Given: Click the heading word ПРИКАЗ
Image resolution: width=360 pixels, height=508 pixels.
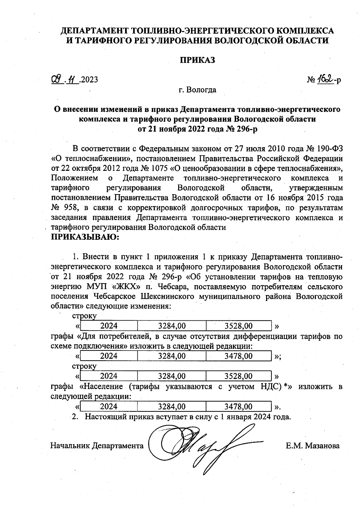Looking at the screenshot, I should pyautogui.click(x=197, y=60).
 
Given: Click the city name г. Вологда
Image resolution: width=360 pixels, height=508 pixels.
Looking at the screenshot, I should pyautogui.click(x=197, y=90).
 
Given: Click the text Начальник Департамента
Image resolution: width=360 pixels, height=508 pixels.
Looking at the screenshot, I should pyautogui.click(x=97, y=446).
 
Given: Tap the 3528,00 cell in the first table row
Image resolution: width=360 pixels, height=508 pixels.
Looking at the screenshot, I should pyautogui.click(x=238, y=326).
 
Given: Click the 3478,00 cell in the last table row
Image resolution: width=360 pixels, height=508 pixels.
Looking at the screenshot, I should pyautogui.click(x=238, y=407).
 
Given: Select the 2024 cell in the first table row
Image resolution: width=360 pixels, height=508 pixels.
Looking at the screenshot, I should pyautogui.click(x=109, y=326).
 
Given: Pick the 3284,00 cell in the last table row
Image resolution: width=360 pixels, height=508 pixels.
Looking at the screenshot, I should pyautogui.click(x=172, y=407).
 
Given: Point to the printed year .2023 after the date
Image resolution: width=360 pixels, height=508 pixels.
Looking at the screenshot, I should pyautogui.click(x=89, y=80).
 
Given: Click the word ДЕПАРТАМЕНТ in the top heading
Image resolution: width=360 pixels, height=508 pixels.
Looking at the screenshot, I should pyautogui.click(x=95, y=31).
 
